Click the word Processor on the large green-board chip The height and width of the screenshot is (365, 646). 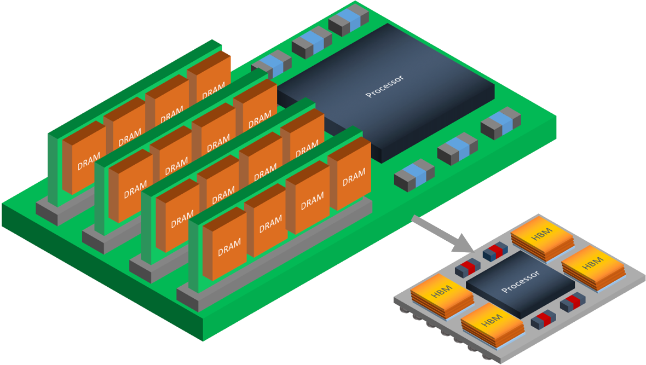click(385, 86)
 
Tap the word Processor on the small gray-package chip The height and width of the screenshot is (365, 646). click(520, 281)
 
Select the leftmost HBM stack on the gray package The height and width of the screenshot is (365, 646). click(442, 296)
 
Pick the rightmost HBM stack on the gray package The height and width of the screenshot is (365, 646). click(593, 266)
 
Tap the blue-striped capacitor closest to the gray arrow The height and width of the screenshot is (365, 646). click(414, 174)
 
